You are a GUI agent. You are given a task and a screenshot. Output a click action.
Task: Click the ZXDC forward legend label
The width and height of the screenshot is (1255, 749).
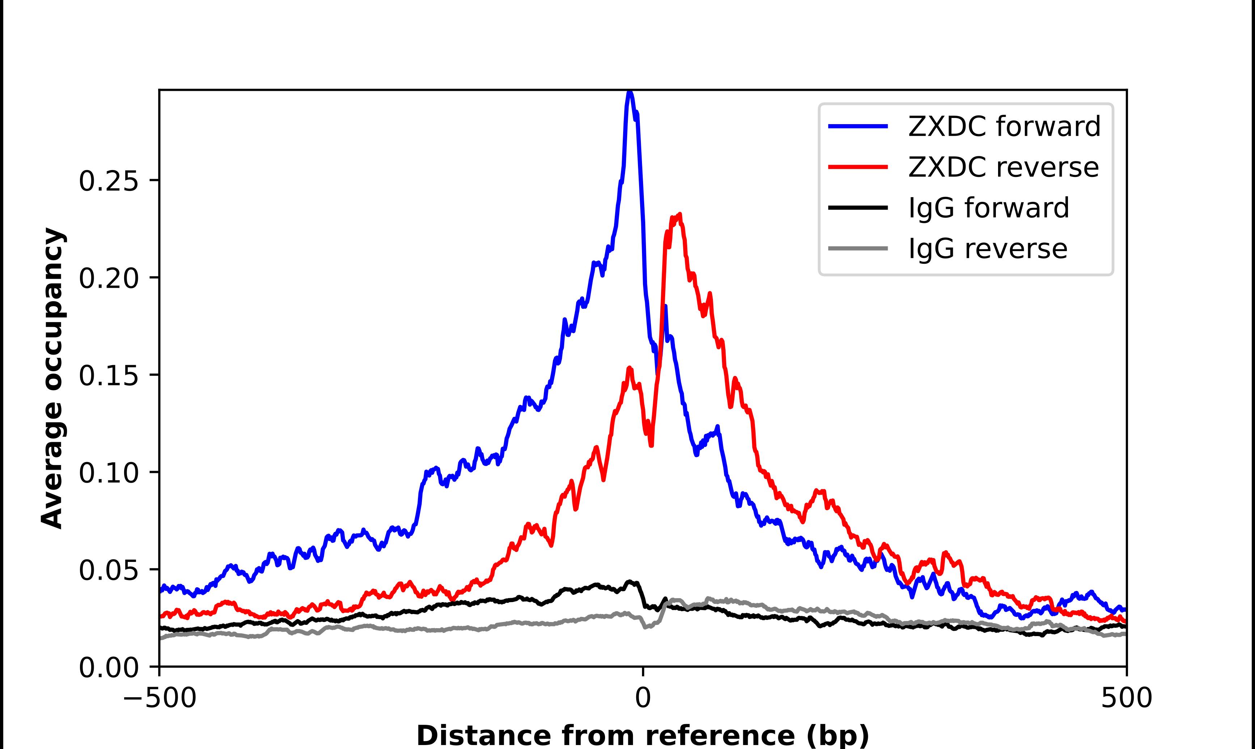click(x=1004, y=126)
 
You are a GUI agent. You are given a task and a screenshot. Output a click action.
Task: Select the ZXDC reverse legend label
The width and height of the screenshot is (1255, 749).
click(x=1003, y=167)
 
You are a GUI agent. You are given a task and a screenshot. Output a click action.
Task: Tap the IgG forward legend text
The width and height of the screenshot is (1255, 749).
click(x=988, y=208)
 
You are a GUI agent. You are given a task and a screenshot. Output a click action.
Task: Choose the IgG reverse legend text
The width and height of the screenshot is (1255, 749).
click(x=987, y=249)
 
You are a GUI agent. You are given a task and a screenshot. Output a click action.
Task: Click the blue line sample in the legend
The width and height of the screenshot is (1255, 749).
click(x=858, y=126)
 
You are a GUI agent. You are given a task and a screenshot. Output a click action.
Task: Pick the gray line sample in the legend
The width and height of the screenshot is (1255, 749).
click(x=858, y=248)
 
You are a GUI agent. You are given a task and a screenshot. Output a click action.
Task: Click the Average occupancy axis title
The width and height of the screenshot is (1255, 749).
click(x=52, y=378)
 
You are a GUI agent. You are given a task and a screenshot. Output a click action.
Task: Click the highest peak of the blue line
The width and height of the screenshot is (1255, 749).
click(x=629, y=92)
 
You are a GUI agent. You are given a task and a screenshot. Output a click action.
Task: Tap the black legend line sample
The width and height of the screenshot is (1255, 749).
click(x=858, y=207)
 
